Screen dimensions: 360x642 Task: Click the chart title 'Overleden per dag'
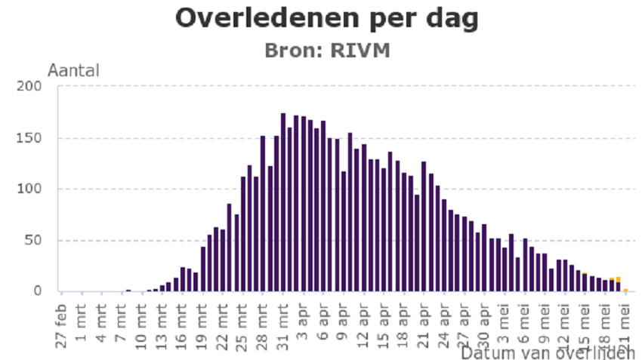click(326, 19)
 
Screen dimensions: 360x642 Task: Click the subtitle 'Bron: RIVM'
click(326, 50)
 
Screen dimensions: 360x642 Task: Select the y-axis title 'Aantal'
click(73, 71)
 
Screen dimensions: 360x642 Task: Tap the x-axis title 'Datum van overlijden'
click(548, 352)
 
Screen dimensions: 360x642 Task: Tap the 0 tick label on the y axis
click(39, 291)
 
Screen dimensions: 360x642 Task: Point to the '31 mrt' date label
click(283, 322)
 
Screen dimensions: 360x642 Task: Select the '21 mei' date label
click(626, 322)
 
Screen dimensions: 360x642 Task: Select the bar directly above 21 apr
click(424, 226)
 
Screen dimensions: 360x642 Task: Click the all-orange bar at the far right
click(625, 290)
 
